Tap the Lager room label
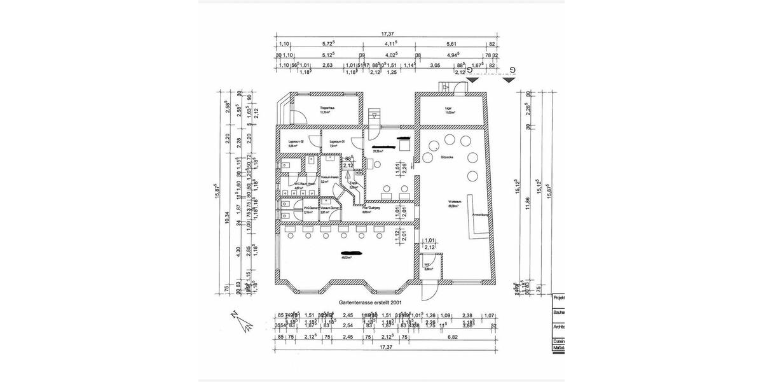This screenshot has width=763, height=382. click(x=448, y=108)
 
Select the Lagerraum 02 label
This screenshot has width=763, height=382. click(x=297, y=142)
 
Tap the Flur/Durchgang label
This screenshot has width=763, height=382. click(x=372, y=208)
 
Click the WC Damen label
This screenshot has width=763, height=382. click(x=311, y=208)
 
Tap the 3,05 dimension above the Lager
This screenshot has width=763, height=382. click(x=436, y=65)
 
